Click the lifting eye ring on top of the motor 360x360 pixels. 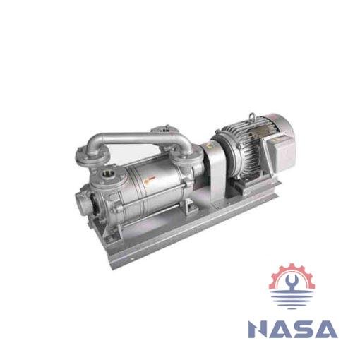252,116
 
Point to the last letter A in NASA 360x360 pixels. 326,330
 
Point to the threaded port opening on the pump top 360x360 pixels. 107,174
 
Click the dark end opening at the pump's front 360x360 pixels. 93,203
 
